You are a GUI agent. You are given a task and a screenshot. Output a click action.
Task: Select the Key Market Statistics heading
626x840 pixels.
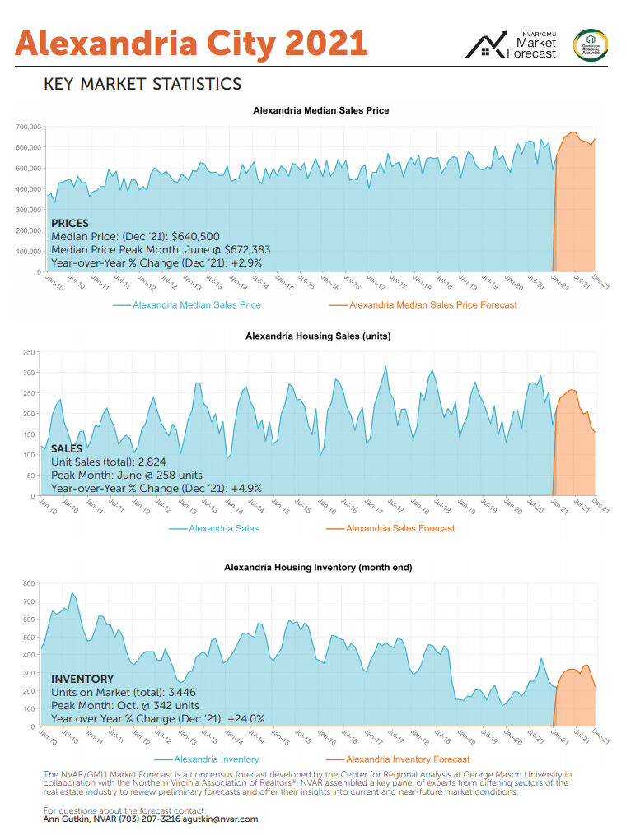pyautogui.click(x=142, y=84)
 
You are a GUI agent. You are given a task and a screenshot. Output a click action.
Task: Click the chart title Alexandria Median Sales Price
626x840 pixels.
pyautogui.click(x=320, y=109)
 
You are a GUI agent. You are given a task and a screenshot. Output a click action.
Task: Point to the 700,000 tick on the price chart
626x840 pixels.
pyautogui.click(x=26, y=127)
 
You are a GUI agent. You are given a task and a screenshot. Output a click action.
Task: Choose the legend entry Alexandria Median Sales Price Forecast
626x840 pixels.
pyautogui.click(x=432, y=305)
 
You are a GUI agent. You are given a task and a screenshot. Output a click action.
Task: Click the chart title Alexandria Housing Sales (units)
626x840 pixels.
pyautogui.click(x=318, y=336)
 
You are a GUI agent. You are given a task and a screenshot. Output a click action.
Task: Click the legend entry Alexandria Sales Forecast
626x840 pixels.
pyautogui.click(x=399, y=528)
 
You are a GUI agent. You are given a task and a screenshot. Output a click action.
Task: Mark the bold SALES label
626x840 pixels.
pyautogui.click(x=68, y=449)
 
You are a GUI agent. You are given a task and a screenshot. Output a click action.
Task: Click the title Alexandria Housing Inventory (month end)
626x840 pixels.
pyautogui.click(x=318, y=567)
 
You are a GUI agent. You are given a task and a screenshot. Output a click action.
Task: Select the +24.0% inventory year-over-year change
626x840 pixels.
pyautogui.click(x=236, y=718)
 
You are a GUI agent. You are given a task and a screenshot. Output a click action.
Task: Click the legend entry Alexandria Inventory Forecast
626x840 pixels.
pyautogui.click(x=408, y=759)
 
